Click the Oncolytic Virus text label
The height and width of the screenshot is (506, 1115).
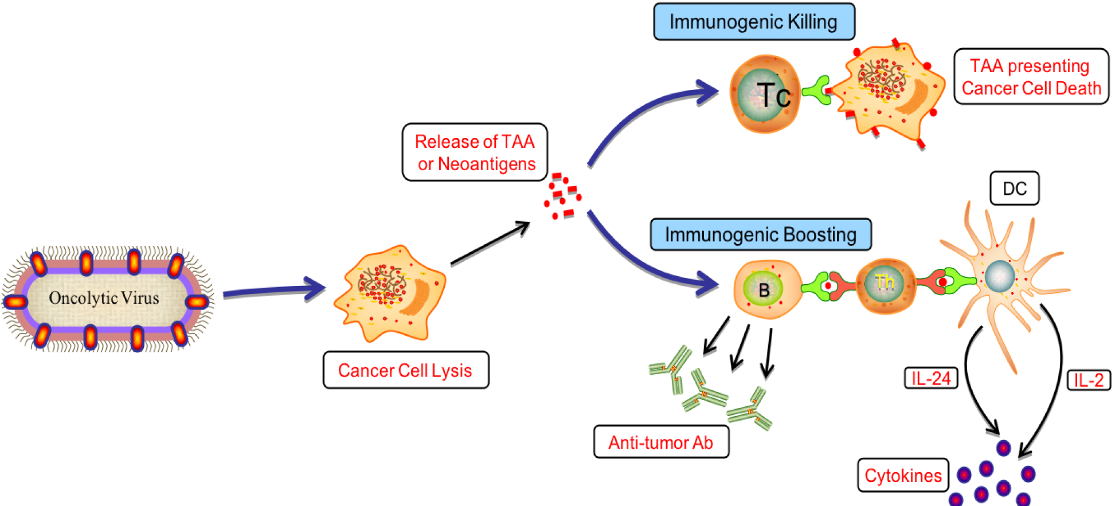pyautogui.click(x=104, y=298)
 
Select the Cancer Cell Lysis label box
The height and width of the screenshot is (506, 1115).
pyautogui.click(x=405, y=370)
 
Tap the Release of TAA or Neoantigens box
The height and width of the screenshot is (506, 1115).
pyautogui.click(x=475, y=152)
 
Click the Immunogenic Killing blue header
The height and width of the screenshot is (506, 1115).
pyautogui.click(x=753, y=22)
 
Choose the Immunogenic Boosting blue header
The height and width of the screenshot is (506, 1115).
pyautogui.click(x=760, y=234)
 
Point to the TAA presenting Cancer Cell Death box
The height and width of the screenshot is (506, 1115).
pyautogui.click(x=1031, y=77)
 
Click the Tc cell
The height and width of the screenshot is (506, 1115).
pyautogui.click(x=765, y=93)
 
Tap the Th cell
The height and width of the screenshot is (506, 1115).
pyautogui.click(x=885, y=285)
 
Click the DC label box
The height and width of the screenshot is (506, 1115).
pyautogui.click(x=1014, y=189)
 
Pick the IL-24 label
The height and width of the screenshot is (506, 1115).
pyautogui.click(x=930, y=378)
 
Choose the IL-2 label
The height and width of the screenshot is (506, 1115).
pyautogui.click(x=1088, y=380)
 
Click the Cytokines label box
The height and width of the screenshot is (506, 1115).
pyautogui.click(x=903, y=475)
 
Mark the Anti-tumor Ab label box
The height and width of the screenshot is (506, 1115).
pyautogui.click(x=661, y=442)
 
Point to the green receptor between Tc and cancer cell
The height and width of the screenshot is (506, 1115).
pyautogui.click(x=816, y=91)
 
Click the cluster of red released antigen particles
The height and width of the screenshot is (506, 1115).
pyautogui.click(x=561, y=197)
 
